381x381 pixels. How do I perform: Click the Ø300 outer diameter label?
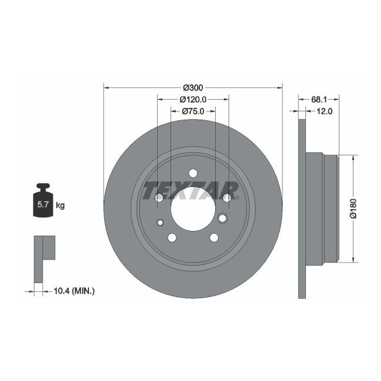[x=193, y=87]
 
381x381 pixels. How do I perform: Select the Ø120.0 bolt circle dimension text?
[x=193, y=99]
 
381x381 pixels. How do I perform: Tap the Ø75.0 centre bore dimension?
[x=193, y=111]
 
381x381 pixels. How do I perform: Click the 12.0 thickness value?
[x=324, y=111]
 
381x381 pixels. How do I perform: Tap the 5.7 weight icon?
[x=43, y=202]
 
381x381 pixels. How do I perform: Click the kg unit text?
[x=60, y=205]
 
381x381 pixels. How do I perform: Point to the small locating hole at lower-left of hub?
[x=161, y=222]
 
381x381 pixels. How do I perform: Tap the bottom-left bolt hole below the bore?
[x=172, y=237]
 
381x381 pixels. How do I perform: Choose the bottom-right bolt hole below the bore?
[x=214, y=237]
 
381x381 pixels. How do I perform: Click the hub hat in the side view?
[x=322, y=208]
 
